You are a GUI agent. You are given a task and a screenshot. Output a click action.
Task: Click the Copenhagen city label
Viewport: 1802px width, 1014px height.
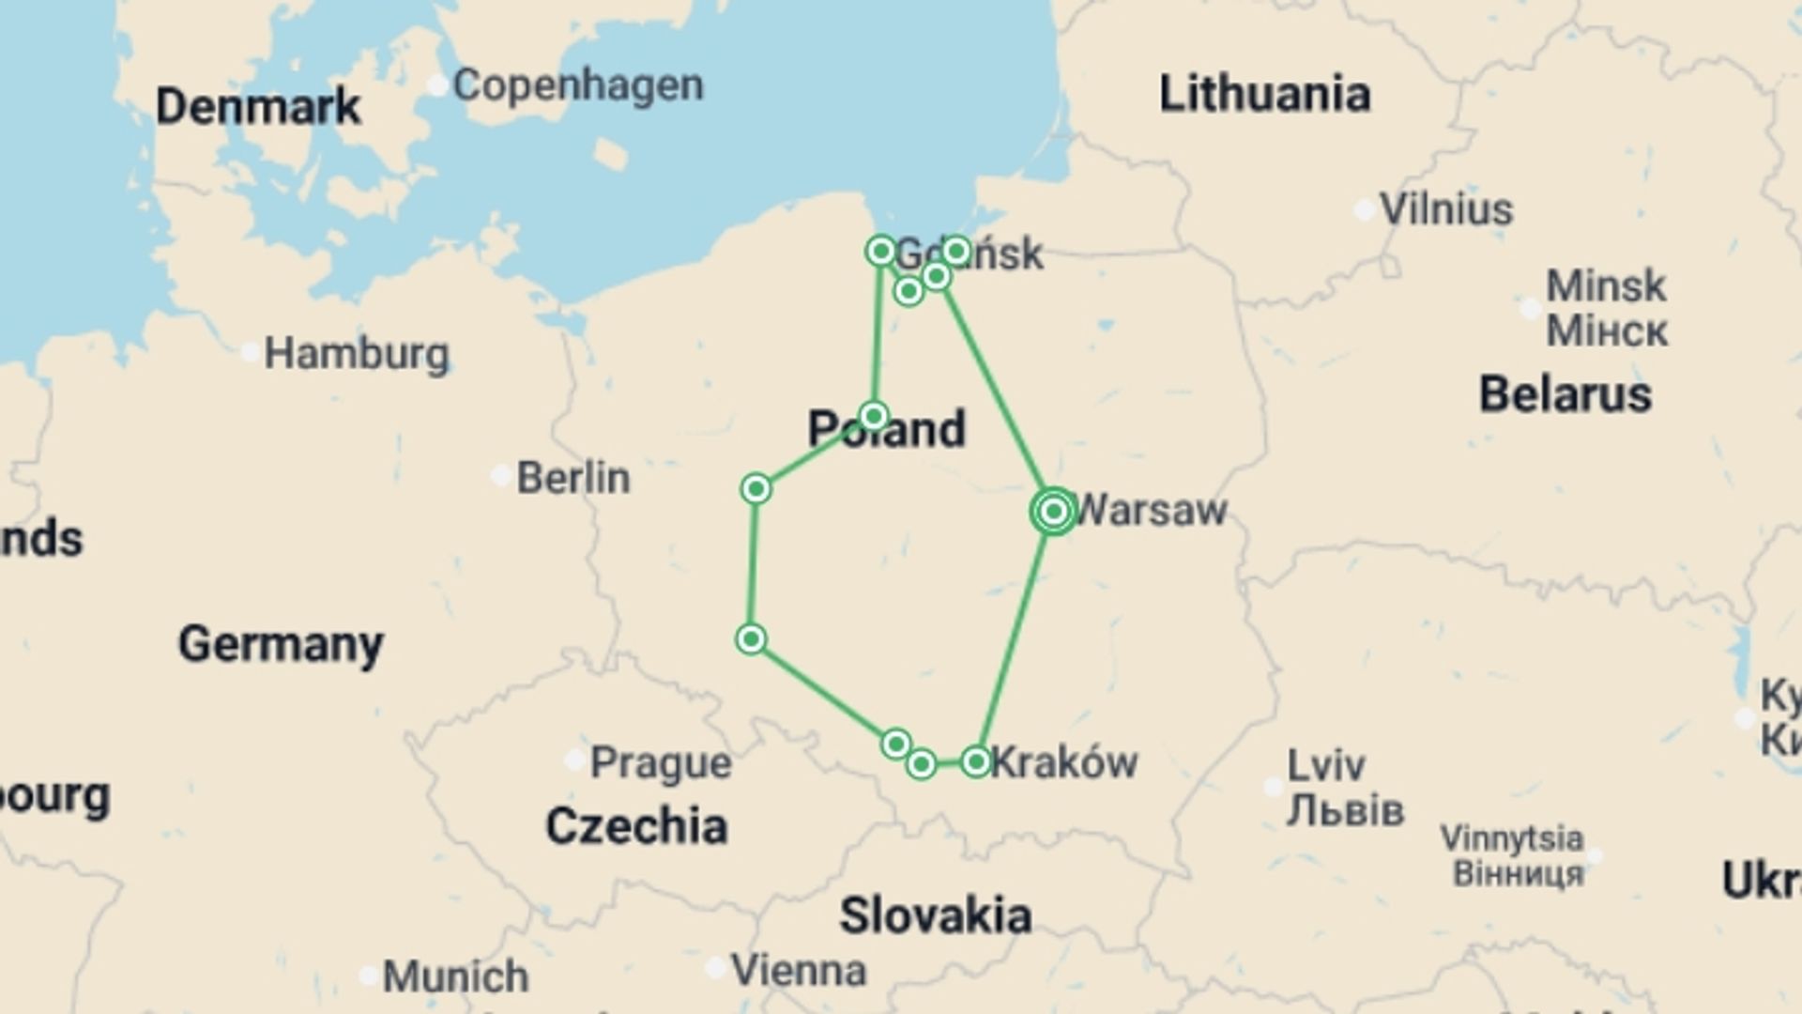coord(577,85)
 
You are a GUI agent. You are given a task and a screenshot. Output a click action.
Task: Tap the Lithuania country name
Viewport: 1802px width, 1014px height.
coord(1264,95)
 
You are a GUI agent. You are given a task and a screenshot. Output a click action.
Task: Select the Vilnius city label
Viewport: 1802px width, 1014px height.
coord(1445,209)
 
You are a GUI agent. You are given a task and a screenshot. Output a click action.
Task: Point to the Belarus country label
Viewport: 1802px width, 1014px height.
coord(1565,394)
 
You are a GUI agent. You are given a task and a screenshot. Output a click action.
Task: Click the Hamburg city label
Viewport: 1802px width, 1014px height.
coord(356,354)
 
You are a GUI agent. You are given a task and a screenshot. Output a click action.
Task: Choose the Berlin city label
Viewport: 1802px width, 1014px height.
coord(573,478)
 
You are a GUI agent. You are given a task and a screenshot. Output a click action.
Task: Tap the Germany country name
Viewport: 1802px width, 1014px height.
coord(281,644)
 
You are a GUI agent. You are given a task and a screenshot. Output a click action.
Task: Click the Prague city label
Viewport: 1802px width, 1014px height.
coord(660,763)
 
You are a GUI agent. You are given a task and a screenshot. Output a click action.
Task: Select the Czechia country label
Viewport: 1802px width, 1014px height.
coord(636,827)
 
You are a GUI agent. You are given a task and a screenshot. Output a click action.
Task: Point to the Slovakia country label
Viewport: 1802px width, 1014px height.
coord(935,915)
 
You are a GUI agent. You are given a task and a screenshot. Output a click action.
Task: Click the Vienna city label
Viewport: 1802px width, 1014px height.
coord(798,971)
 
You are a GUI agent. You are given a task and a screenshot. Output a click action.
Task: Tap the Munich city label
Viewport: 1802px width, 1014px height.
coord(455,976)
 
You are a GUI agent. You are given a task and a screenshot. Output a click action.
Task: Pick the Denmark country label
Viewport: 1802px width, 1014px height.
coord(257,106)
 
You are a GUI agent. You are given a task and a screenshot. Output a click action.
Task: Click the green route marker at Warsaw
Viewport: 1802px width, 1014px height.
coord(1053,511)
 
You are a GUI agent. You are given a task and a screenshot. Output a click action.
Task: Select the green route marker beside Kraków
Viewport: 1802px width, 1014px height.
coord(976,761)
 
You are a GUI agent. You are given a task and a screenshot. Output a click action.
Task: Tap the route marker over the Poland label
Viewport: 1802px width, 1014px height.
coord(874,416)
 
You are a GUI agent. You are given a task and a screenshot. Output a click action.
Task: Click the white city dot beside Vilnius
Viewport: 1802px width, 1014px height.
coord(1365,210)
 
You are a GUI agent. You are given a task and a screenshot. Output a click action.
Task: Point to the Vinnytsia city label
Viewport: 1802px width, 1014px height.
coord(1511,837)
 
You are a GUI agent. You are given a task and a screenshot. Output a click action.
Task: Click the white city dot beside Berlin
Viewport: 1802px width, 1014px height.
coord(501,475)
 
